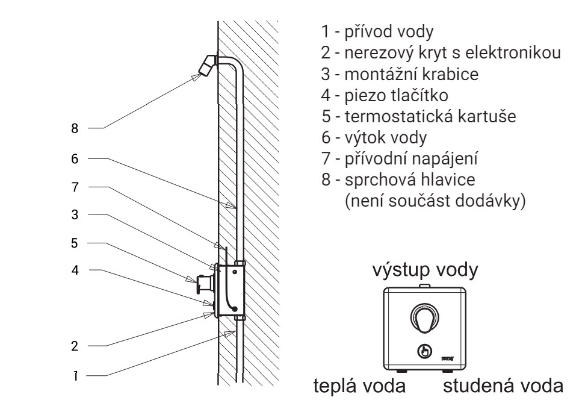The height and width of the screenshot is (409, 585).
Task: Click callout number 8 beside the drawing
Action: pyautogui.click(x=75, y=128)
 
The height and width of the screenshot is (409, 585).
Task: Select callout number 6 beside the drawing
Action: pyautogui.click(x=75, y=159)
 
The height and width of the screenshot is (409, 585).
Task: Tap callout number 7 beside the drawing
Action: pyautogui.click(x=75, y=187)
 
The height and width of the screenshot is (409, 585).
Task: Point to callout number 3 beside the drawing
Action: pyautogui.click(x=75, y=214)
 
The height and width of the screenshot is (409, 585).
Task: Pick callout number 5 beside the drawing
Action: pyautogui.click(x=75, y=243)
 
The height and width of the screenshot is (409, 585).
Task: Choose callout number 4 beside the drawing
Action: pyautogui.click(x=75, y=270)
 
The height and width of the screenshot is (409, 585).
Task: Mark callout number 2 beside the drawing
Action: pyautogui.click(x=75, y=346)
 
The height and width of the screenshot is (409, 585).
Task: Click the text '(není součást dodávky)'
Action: pyautogui.click(x=434, y=201)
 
